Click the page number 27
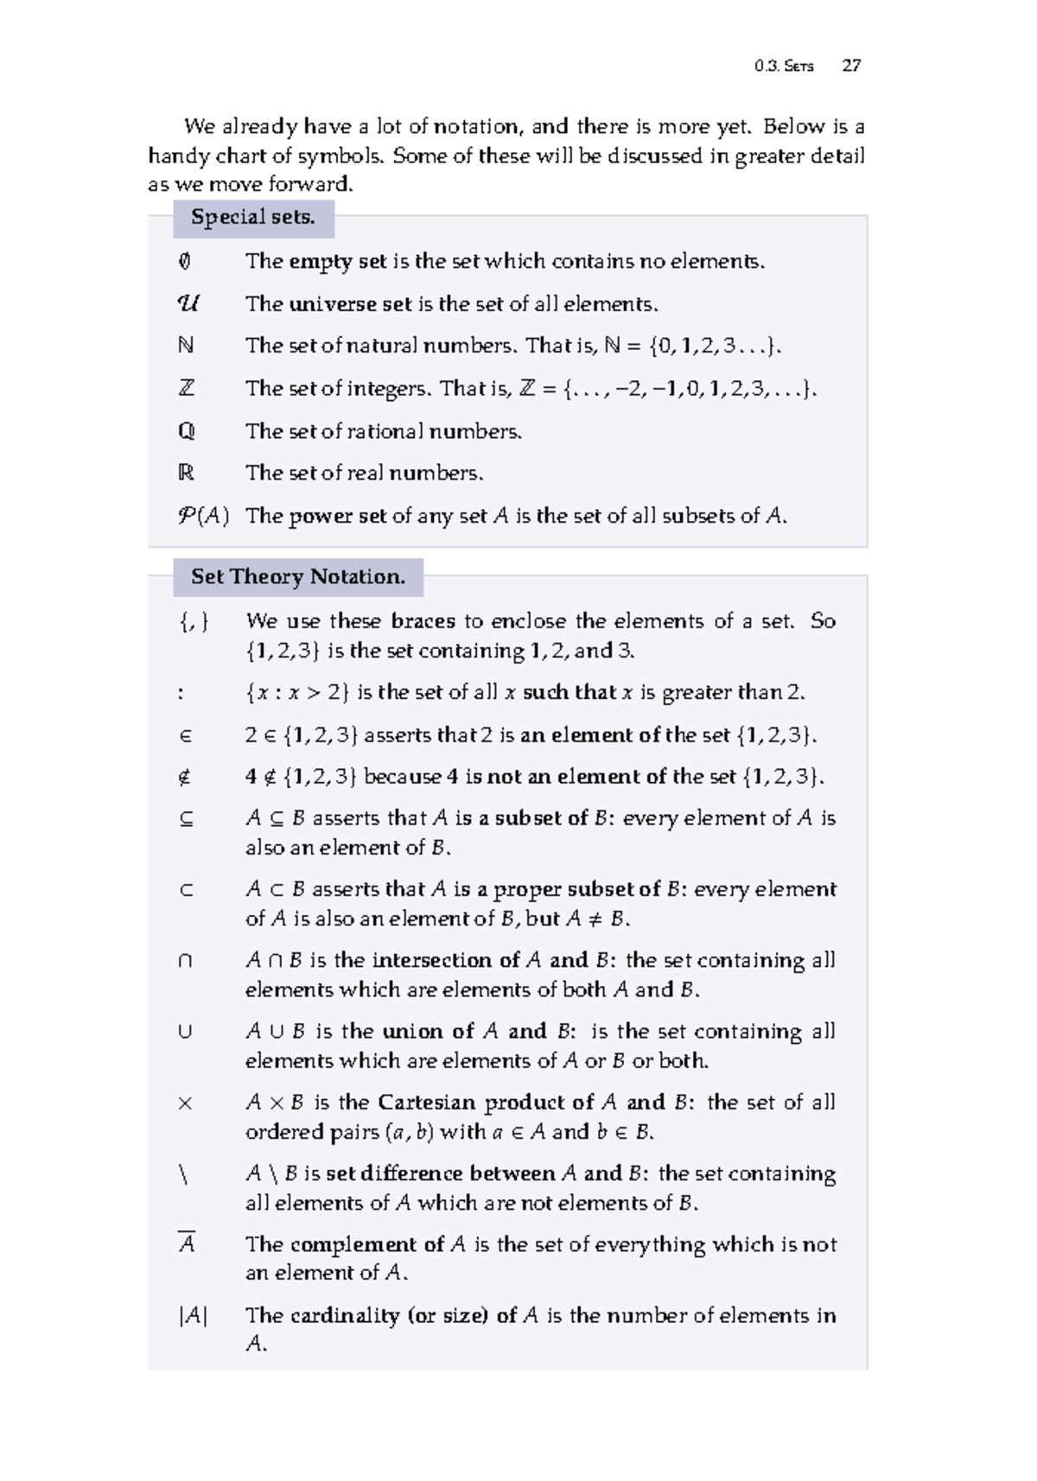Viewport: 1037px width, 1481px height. point(851,66)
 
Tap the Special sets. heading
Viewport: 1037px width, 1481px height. point(252,217)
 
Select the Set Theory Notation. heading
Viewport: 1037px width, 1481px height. point(298,576)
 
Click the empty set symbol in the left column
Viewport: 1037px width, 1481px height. point(185,261)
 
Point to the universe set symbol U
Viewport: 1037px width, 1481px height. point(187,303)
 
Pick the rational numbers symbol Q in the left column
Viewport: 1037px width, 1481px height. point(186,430)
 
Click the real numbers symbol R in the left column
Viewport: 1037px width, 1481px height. point(186,473)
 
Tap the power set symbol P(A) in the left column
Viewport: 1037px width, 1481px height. point(203,516)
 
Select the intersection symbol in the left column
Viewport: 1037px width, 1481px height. point(185,961)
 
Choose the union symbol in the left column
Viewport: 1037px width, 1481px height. point(185,1032)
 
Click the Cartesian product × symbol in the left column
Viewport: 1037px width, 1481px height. point(185,1103)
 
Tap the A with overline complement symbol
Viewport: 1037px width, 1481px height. point(186,1243)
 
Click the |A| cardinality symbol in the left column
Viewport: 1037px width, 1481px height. point(193,1315)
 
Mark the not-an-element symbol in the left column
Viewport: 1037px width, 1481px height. point(185,777)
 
